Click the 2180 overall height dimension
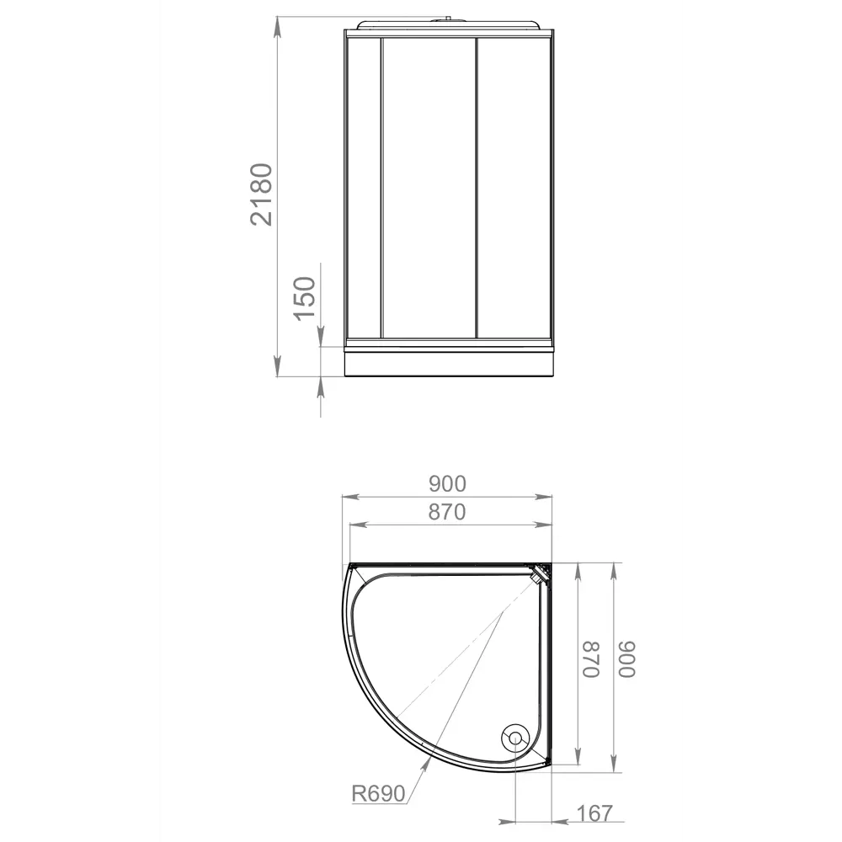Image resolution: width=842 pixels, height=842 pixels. [x=262, y=194]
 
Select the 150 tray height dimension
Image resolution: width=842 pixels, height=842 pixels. [x=304, y=296]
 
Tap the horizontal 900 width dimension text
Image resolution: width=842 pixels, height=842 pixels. [x=447, y=484]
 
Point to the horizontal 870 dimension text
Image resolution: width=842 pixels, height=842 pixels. [x=447, y=512]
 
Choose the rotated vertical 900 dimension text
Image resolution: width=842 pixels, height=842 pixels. [x=627, y=659]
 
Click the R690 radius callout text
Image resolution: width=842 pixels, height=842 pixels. [x=379, y=793]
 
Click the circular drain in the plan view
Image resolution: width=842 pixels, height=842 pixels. [x=514, y=738]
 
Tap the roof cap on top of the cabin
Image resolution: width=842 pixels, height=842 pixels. [x=450, y=22]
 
